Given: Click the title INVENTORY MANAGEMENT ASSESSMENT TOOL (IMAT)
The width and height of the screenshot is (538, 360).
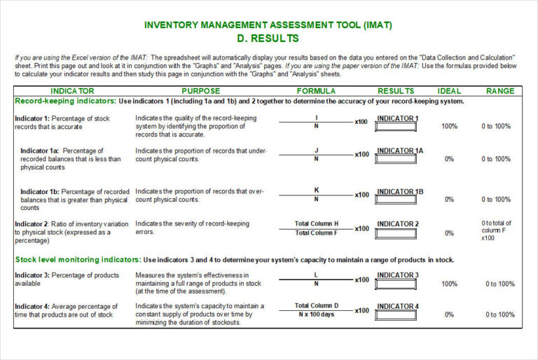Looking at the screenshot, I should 268,25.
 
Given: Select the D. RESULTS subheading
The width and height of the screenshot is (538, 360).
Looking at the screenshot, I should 268,39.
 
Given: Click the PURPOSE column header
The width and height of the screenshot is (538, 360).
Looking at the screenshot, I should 200,91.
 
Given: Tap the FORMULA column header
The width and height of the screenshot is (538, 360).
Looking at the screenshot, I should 316,91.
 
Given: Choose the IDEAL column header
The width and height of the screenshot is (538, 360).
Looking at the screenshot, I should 449,91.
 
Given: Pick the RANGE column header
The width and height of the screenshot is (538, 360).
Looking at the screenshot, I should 500,91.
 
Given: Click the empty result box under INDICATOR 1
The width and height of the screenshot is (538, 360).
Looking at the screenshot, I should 396,127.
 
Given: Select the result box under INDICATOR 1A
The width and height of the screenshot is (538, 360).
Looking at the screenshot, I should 396,160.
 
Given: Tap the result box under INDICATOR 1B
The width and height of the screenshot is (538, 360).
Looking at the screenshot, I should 396,200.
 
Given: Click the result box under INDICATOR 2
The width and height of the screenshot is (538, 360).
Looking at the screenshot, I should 396,233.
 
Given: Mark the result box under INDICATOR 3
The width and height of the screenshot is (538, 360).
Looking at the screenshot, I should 396,284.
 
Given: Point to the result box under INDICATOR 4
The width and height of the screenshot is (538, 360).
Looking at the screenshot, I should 396,314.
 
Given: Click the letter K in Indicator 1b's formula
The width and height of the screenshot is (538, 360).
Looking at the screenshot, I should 316,190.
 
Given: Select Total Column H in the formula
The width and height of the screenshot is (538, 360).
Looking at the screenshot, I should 316,224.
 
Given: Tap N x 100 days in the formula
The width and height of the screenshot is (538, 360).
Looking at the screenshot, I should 316,314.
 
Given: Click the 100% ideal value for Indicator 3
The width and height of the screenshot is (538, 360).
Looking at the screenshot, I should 449,284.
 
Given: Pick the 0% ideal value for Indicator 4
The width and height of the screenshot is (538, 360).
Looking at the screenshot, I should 449,314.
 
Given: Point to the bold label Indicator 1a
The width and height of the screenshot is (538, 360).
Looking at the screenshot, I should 41,151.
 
